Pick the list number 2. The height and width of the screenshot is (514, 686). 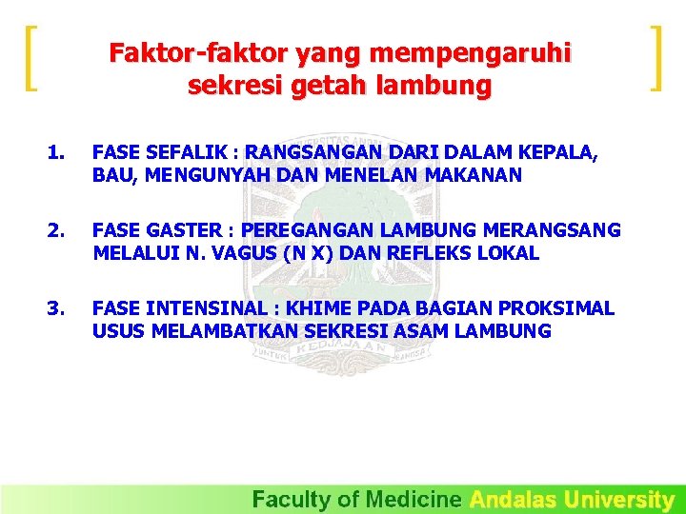tap(57, 230)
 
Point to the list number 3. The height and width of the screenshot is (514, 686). tap(57, 308)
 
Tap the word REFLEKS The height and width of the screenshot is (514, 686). tap(420, 253)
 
